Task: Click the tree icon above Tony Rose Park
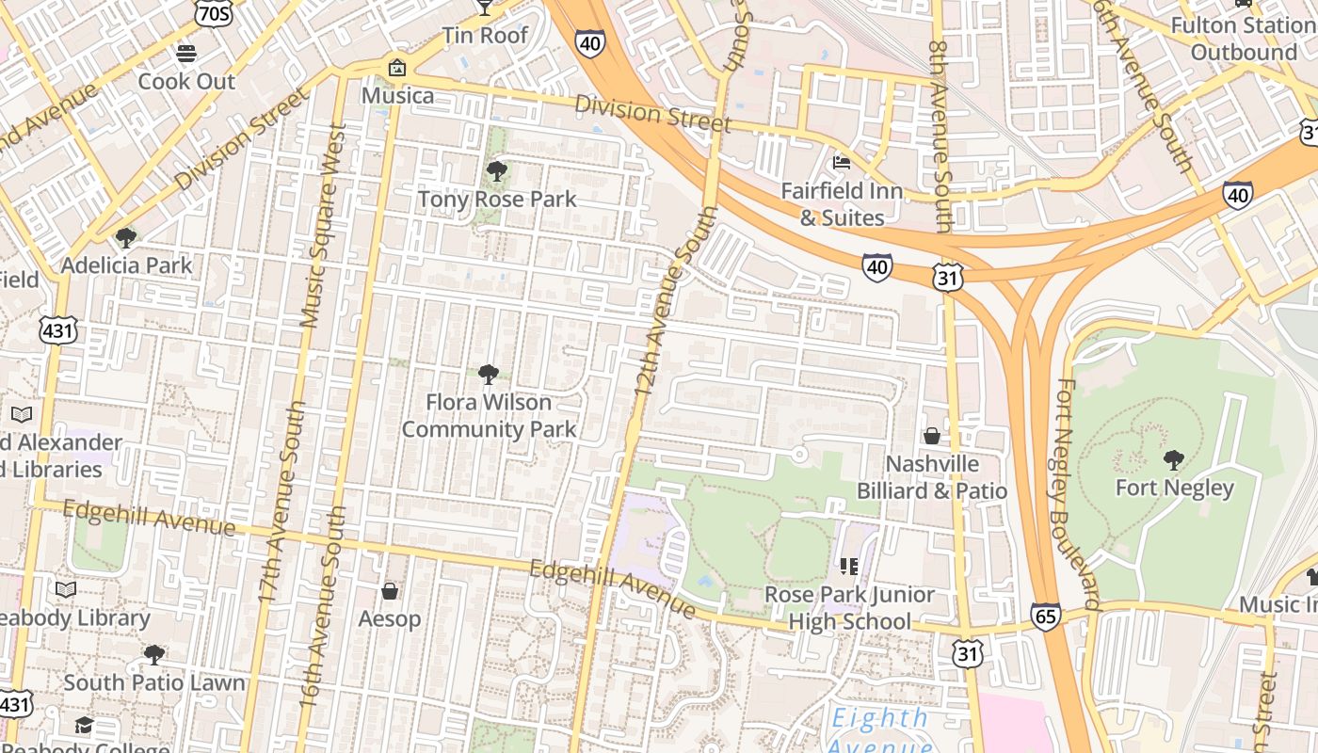pyautogui.click(x=496, y=171)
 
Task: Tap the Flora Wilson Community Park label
pyautogui.click(x=489, y=415)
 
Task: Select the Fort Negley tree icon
pyautogui.click(x=1173, y=460)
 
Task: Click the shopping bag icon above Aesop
pyautogui.click(x=389, y=591)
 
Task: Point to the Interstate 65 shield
pyautogui.click(x=1045, y=616)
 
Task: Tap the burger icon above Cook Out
pyautogui.click(x=186, y=54)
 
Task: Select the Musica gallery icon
pyautogui.click(x=397, y=68)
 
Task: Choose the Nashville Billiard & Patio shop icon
pyautogui.click(x=931, y=436)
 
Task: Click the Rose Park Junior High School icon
pyautogui.click(x=848, y=566)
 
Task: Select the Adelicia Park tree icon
pyautogui.click(x=125, y=237)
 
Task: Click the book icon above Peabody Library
pyautogui.click(x=65, y=590)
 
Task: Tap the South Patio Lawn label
pyautogui.click(x=154, y=682)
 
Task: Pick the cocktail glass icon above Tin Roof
pyautogui.click(x=485, y=8)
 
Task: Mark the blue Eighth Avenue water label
pyautogui.click(x=879, y=729)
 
